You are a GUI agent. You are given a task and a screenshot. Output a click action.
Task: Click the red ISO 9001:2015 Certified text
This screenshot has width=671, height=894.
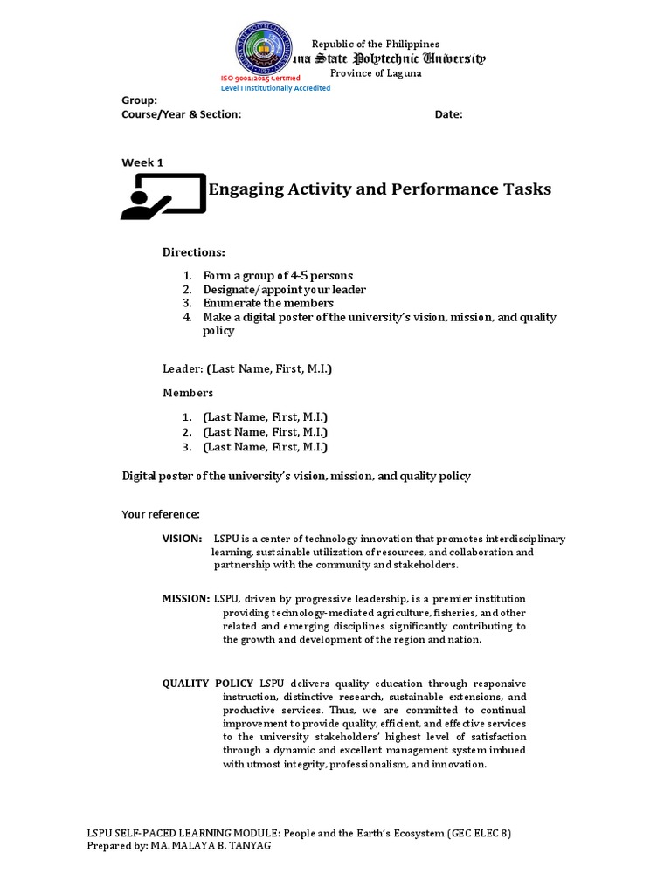[259, 79]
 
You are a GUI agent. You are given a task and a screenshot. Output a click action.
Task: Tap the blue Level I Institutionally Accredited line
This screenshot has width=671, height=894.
[275, 88]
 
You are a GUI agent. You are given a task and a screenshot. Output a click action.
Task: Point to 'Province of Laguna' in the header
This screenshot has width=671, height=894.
[375, 73]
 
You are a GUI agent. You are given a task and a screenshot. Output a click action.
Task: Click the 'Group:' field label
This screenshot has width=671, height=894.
[139, 100]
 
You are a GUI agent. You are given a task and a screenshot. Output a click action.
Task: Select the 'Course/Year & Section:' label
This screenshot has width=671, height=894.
[181, 114]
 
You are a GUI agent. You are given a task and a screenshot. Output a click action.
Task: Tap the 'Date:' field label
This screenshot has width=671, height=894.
[448, 114]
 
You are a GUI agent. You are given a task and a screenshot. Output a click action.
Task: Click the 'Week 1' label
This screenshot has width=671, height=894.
[142, 162]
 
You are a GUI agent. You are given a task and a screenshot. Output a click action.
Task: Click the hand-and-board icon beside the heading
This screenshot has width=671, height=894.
[163, 195]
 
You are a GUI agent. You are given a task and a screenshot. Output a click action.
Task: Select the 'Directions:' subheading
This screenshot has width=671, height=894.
[193, 252]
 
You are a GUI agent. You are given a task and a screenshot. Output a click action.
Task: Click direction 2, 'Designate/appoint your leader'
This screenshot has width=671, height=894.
[284, 290]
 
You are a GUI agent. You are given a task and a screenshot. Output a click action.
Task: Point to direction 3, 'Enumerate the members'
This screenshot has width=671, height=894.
[268, 303]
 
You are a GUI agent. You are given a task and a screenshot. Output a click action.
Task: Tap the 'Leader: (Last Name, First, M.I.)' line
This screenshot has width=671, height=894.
[247, 369]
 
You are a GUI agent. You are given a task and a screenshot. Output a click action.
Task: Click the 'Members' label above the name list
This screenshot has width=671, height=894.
[188, 393]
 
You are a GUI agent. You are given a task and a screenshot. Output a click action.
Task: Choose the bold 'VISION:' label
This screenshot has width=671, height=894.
[182, 539]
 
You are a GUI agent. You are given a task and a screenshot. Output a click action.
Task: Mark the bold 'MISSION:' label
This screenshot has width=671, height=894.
[185, 599]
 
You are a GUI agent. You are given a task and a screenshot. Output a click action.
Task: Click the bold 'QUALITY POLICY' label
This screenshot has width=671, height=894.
[208, 684]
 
